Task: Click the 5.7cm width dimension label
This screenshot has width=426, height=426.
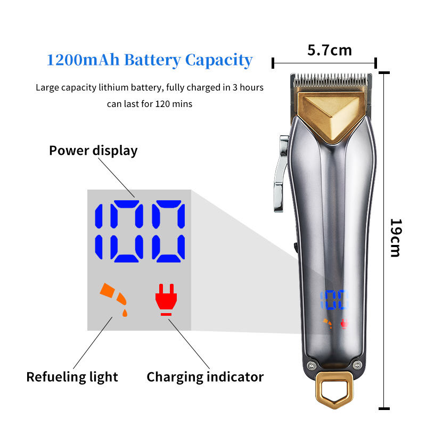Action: click(x=330, y=51)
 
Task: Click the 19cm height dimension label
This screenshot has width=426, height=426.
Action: click(x=396, y=237)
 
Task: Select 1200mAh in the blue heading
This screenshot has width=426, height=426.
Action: click(x=83, y=60)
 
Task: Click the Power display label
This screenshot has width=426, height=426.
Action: click(x=93, y=151)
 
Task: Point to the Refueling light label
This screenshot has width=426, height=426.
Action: click(x=72, y=377)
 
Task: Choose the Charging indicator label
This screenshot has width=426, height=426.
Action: click(x=205, y=377)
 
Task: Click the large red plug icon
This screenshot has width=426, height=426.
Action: click(x=166, y=299)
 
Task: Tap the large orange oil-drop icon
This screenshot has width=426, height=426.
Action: click(x=114, y=299)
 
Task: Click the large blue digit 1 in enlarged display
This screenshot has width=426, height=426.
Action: click(x=99, y=232)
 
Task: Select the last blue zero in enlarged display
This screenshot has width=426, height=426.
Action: click(x=168, y=232)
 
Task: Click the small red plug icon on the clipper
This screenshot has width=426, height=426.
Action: click(x=344, y=324)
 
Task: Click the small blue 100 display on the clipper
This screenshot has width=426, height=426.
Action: click(x=334, y=300)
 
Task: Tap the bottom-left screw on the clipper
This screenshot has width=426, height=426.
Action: click(x=312, y=365)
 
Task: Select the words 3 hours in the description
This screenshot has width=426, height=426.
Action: click(x=248, y=87)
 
